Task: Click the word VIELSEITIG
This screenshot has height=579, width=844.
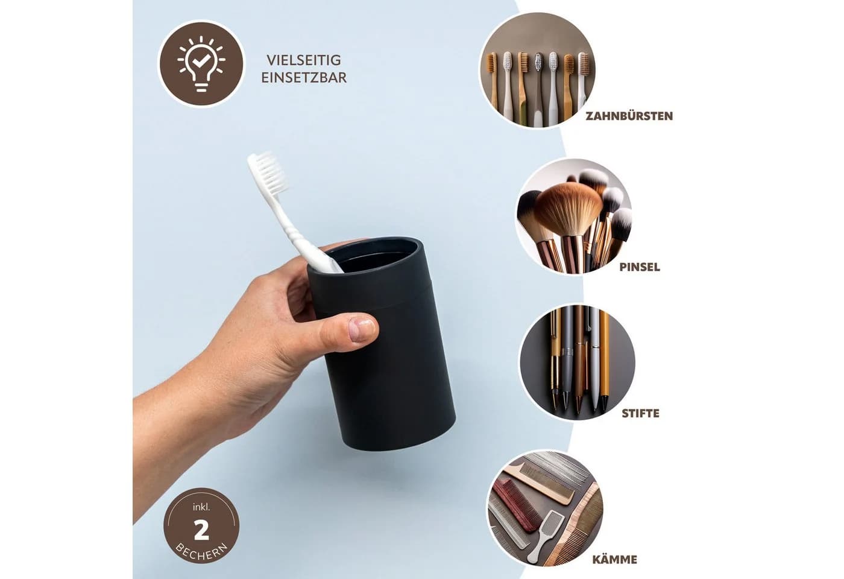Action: (x=304, y=60)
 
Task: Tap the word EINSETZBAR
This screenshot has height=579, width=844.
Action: (x=304, y=78)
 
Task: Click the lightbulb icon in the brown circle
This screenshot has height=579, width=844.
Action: (x=201, y=64)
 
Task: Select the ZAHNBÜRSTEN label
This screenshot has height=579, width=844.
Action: (x=629, y=116)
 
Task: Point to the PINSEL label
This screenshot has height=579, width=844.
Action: (x=640, y=267)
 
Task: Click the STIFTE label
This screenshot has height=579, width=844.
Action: (x=640, y=414)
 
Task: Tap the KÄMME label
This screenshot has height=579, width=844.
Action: (x=614, y=559)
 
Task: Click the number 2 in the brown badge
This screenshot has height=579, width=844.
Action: (x=201, y=531)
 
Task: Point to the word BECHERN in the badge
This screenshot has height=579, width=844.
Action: (x=201, y=552)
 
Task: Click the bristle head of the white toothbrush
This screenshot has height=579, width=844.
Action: (x=268, y=171)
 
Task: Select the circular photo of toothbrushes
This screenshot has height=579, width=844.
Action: (x=537, y=70)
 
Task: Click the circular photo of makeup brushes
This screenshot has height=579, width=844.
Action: (x=573, y=216)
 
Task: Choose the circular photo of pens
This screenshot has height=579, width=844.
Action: (x=578, y=362)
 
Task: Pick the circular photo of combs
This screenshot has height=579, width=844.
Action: (x=544, y=508)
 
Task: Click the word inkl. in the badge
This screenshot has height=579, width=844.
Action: (x=201, y=507)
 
